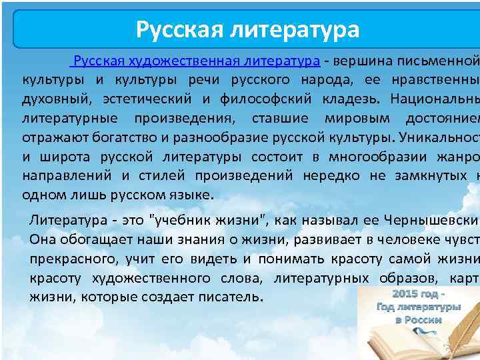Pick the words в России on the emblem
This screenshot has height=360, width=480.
click(418, 320)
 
